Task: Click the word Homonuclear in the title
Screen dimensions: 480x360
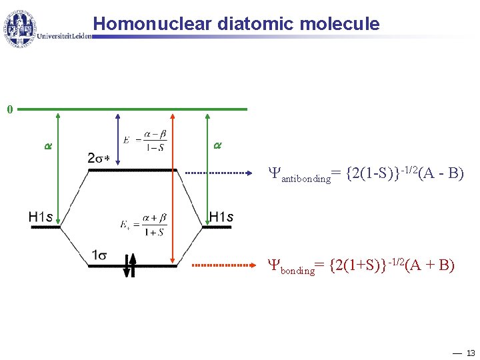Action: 149,24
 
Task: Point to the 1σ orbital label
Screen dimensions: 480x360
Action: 103,254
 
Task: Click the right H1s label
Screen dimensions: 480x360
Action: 221,216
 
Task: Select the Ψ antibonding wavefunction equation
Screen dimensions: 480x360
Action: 366,175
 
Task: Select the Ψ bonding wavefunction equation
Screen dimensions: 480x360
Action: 362,267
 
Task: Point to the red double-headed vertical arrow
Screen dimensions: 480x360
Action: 173,187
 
